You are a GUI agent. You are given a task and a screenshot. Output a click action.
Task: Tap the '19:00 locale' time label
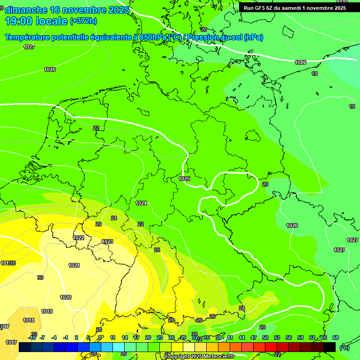tap(36, 21)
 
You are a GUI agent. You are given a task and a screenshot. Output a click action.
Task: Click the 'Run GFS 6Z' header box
tap(294, 7)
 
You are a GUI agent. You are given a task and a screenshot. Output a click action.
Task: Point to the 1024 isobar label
tap(141, 203)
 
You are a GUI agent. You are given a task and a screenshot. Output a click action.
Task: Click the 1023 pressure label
tap(107, 241)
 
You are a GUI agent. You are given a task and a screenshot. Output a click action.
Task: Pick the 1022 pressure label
tap(78, 238)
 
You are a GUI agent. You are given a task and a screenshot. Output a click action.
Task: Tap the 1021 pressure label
tap(74, 265)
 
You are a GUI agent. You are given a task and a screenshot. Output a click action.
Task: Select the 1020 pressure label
tap(66, 297)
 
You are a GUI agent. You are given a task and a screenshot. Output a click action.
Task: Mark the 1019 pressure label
tap(47, 311)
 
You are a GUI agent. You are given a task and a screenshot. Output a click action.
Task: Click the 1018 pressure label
tap(29, 320)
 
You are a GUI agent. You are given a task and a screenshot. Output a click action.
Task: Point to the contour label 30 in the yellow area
tap(40, 277)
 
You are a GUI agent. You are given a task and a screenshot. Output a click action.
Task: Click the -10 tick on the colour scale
tap(32, 337)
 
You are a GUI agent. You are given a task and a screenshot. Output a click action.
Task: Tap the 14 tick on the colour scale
tap(125, 337)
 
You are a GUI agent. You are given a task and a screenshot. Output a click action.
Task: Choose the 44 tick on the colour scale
tap(242, 337)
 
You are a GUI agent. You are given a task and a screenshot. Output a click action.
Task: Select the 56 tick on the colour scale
tap(289, 337)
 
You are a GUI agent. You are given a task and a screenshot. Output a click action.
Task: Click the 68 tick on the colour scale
tap(335, 337)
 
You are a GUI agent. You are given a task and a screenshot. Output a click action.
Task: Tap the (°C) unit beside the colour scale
tap(344, 348)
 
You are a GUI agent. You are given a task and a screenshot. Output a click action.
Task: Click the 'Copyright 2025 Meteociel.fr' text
tap(199, 357)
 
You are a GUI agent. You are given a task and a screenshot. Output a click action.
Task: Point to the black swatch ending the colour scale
tap(330, 347)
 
